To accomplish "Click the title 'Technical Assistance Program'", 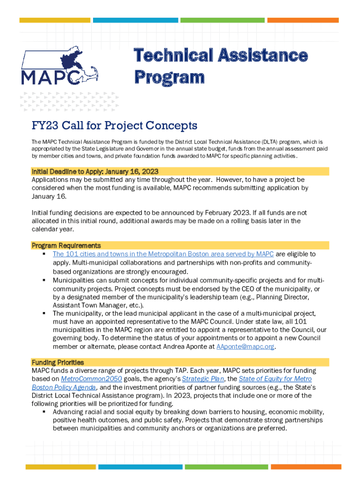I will click(221, 66).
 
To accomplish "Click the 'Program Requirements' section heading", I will click(66, 246).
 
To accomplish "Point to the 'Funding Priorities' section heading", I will click(58, 363).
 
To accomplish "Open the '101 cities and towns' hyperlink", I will click(163, 254).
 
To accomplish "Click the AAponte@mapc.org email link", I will click(245, 347).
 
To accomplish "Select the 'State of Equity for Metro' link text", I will click(275, 379).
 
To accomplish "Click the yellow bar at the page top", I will click(55, 20).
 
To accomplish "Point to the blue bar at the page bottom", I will click(134, 467).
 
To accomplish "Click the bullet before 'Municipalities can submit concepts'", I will click(43, 280).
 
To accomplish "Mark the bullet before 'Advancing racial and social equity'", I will click(43, 412).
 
